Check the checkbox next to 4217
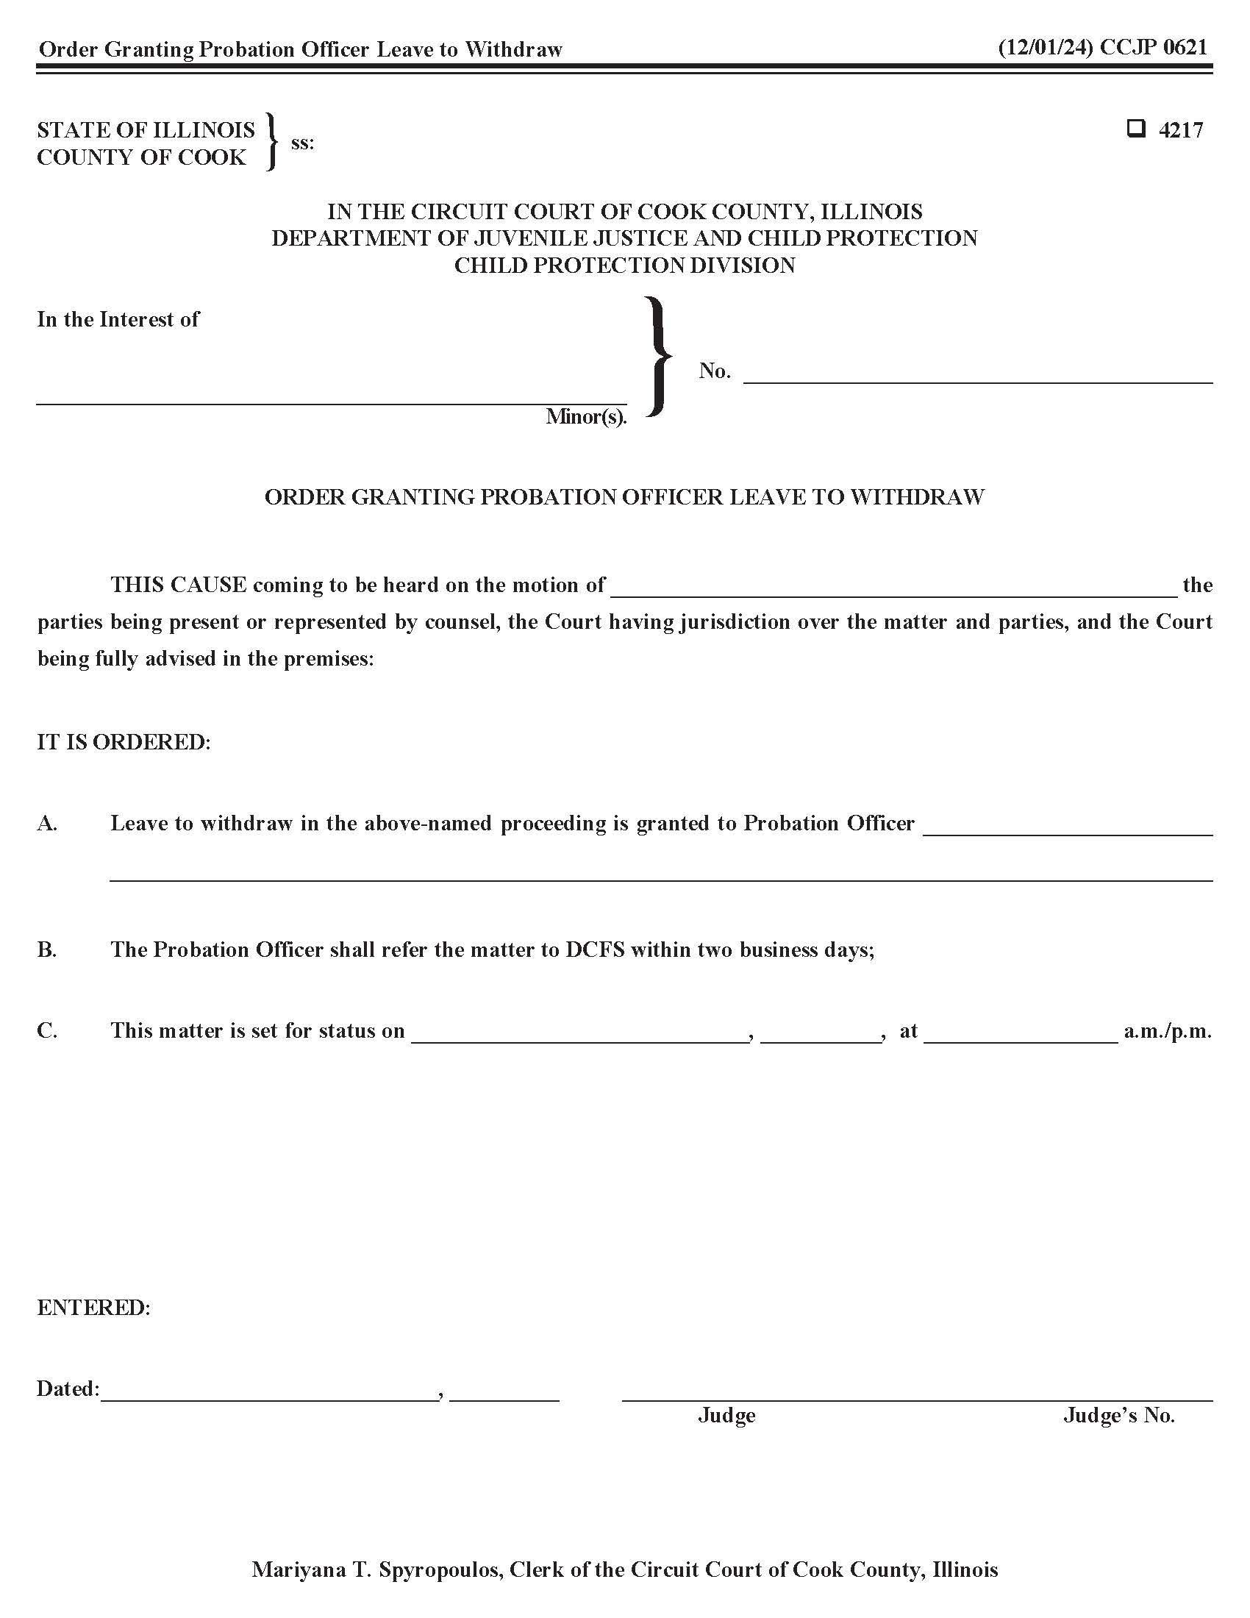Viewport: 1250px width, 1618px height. pos(1135,129)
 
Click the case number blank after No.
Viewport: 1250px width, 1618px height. pos(977,375)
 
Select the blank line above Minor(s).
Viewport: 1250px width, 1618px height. pos(331,396)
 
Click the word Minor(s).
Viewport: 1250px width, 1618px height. pos(586,416)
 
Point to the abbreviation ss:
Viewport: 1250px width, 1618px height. pos(302,142)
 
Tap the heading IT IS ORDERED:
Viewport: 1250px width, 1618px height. pos(124,741)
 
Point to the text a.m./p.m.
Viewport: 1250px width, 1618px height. pos(1167,1030)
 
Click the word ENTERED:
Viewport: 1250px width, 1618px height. pos(93,1308)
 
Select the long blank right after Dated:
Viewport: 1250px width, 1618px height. pos(269,1394)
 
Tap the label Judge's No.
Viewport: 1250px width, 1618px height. pos(1119,1416)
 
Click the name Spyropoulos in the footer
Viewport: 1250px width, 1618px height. pos(438,1569)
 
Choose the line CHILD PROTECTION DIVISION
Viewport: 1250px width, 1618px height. pos(624,265)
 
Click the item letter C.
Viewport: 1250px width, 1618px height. pos(46,1030)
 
